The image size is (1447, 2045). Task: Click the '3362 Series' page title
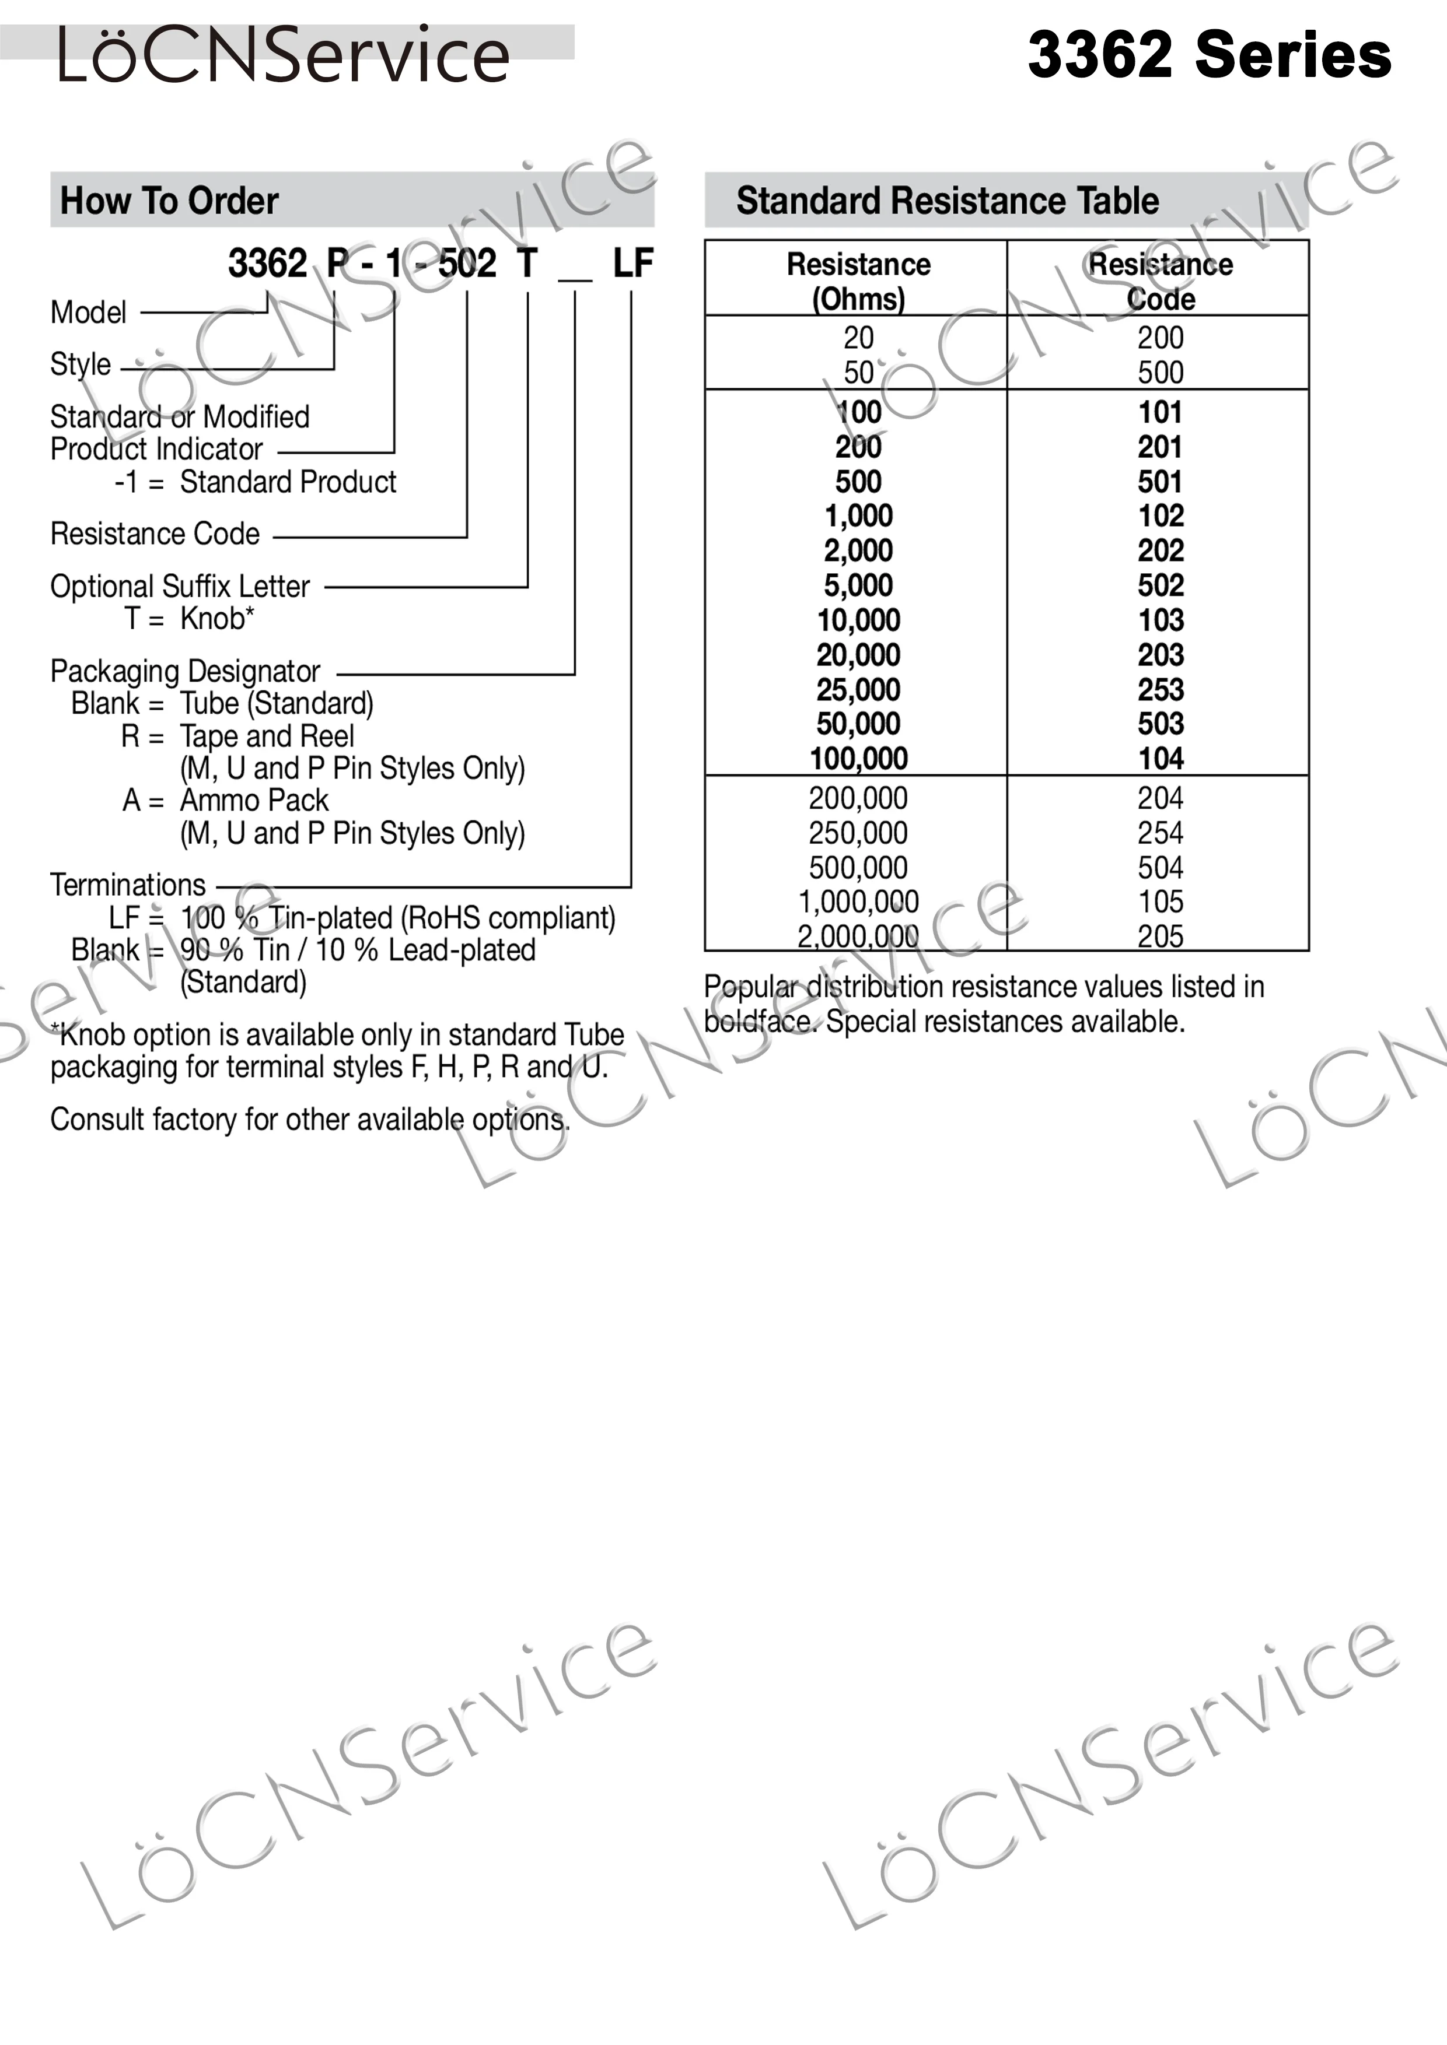click(x=1208, y=55)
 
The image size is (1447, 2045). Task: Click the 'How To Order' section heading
click(x=169, y=201)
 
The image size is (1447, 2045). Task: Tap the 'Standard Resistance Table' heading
click(x=947, y=201)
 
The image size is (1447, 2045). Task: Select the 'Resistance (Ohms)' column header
click(x=858, y=280)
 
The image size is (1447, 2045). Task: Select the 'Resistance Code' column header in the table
click(x=1160, y=280)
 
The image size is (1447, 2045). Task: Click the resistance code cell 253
click(x=1160, y=689)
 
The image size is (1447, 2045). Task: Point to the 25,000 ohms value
click(x=858, y=689)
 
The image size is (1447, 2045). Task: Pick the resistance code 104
click(x=1160, y=759)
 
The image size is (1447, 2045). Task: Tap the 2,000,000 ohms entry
click(x=858, y=936)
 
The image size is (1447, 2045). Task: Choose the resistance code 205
click(x=1160, y=936)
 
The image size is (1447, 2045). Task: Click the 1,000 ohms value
click(x=858, y=515)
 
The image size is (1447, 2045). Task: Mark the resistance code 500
click(x=1160, y=372)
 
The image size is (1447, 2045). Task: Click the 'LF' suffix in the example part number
click(x=632, y=264)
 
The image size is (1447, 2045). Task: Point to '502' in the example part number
click(x=467, y=264)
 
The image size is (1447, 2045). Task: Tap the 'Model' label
click(x=88, y=313)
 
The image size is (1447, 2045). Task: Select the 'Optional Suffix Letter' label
click(x=180, y=586)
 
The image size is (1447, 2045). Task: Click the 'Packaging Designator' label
click(x=184, y=671)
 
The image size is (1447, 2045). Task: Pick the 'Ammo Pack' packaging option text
click(x=254, y=800)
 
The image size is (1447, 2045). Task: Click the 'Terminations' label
click(x=127, y=885)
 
